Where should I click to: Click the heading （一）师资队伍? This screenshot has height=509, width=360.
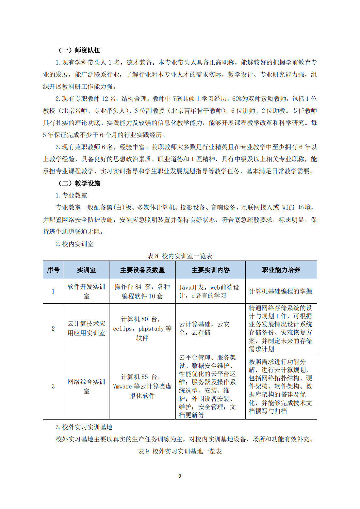tap(79, 50)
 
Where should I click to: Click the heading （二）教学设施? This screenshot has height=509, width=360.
tap(79, 183)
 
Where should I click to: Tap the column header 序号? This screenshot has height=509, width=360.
tap(53, 270)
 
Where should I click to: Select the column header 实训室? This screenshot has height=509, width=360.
tap(86, 270)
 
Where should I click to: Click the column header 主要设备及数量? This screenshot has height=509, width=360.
tap(142, 270)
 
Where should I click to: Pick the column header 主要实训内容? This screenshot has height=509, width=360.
tap(210, 270)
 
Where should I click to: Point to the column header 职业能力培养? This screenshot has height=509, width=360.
tap(281, 270)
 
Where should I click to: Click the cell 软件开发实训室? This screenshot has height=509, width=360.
tap(86, 291)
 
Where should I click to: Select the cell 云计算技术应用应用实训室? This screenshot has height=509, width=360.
tap(86, 328)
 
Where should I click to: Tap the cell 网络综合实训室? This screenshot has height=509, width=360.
tap(86, 386)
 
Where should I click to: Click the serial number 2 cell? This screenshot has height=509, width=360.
tap(53, 328)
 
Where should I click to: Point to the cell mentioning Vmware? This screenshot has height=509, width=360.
tap(142, 386)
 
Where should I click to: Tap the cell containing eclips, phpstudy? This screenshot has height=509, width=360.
tap(142, 328)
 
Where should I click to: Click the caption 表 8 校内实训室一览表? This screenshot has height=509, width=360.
tap(180, 256)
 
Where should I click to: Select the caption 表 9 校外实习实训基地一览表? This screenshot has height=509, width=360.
tap(180, 451)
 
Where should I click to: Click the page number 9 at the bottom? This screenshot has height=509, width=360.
tap(180, 476)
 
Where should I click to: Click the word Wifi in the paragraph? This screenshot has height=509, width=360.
tap(288, 208)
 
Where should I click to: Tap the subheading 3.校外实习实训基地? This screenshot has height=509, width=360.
tap(84, 427)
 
